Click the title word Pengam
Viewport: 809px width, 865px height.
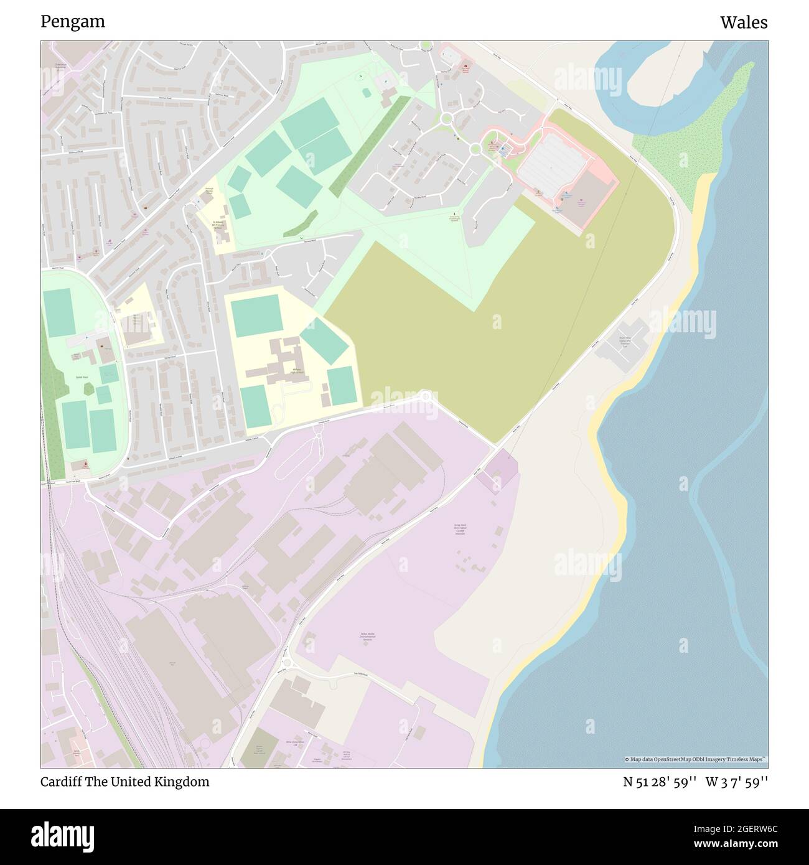73,22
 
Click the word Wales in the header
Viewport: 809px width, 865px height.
744,22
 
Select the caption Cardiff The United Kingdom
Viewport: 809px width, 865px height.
124,782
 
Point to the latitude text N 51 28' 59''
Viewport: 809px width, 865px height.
660,782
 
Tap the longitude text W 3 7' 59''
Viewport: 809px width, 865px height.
736,782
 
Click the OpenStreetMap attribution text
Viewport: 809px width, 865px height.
696,759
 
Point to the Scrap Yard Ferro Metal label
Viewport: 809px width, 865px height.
460,529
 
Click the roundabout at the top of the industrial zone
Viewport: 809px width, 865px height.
426,396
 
